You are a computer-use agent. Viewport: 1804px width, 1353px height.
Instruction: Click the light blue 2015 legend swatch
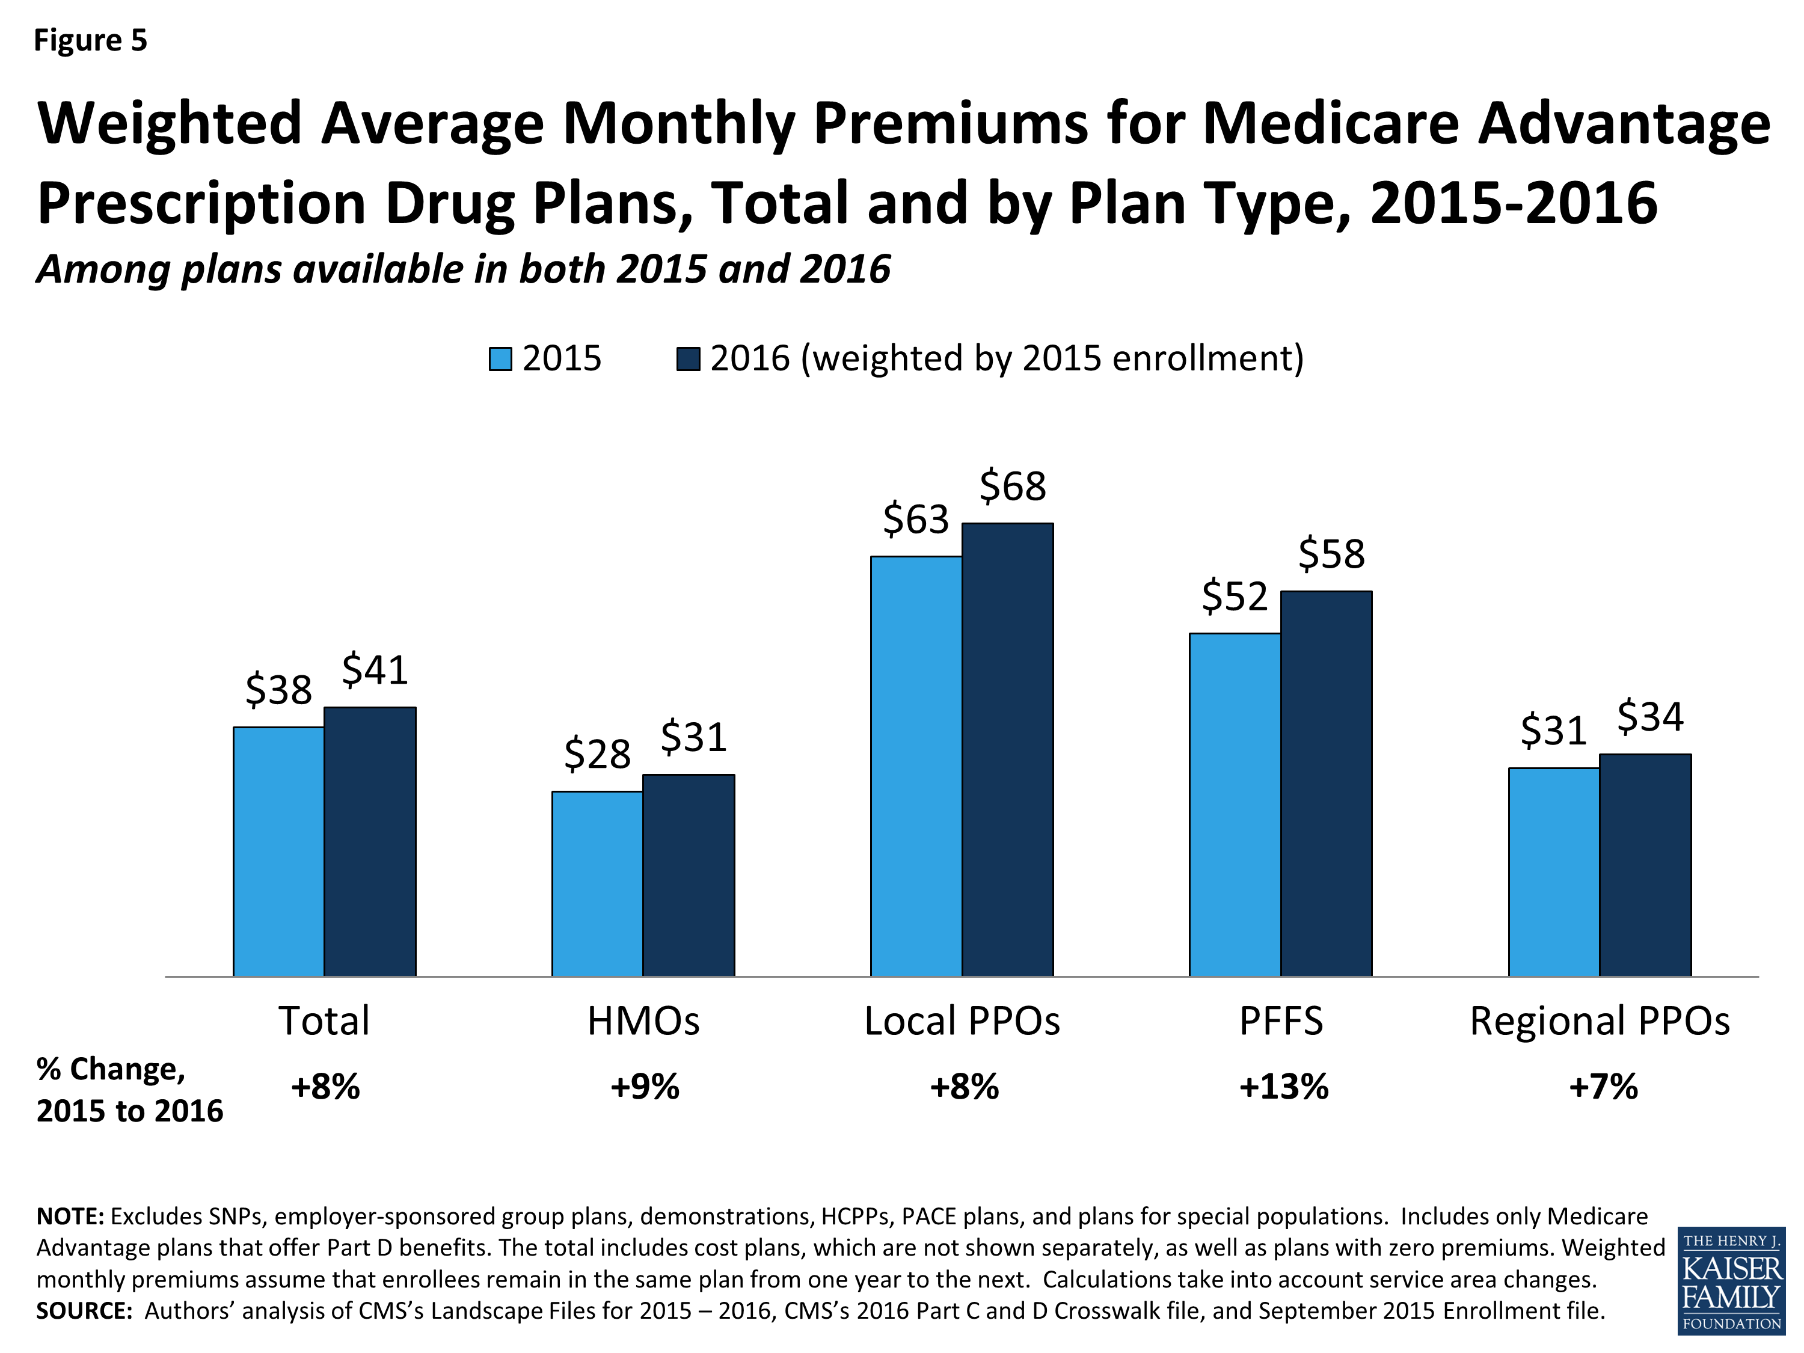pyautogui.click(x=500, y=359)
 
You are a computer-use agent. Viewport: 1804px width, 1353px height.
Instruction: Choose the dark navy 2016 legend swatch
pyautogui.click(x=689, y=359)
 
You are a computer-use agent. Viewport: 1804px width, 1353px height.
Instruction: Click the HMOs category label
pyautogui.click(x=643, y=1021)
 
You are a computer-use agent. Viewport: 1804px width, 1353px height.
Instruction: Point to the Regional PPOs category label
pyautogui.click(x=1600, y=1021)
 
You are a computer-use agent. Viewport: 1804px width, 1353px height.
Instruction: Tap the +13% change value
pyautogui.click(x=1284, y=1087)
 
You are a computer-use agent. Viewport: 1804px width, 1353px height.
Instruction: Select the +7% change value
pyautogui.click(x=1603, y=1087)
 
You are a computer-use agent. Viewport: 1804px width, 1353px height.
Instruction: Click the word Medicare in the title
pyautogui.click(x=1330, y=123)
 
